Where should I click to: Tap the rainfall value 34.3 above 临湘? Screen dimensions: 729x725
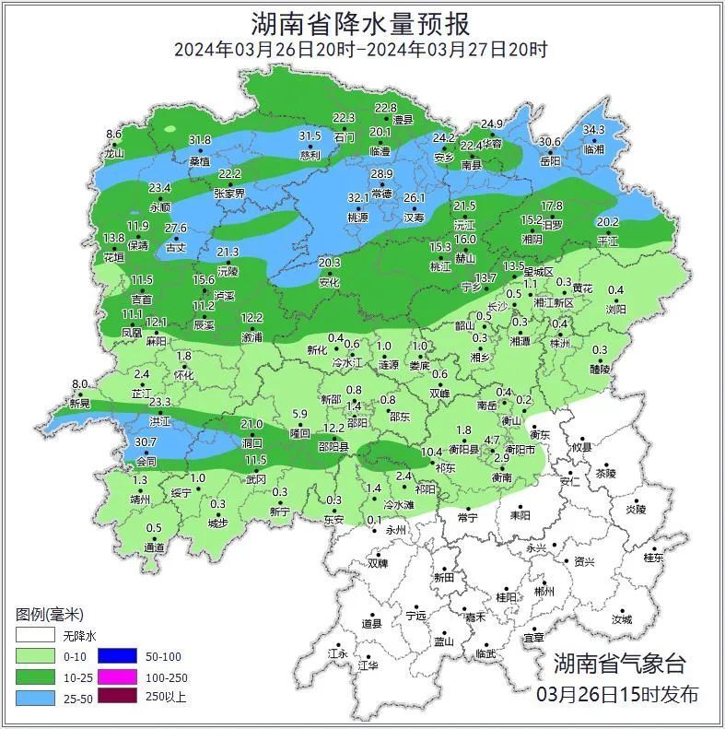click(593, 130)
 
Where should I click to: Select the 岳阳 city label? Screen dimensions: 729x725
click(550, 160)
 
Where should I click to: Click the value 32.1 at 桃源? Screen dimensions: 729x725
click(357, 198)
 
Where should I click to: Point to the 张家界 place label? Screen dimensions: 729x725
click(229, 194)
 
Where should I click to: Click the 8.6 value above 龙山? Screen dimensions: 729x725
click(113, 135)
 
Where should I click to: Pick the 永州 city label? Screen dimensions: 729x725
click(395, 532)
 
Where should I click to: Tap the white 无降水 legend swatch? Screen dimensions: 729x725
click(34, 636)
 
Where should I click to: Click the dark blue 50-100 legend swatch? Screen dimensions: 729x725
click(116, 656)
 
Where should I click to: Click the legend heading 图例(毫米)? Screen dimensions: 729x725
click(50, 615)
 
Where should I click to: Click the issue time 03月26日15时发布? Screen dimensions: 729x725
click(616, 694)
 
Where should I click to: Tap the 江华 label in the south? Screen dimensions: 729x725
click(368, 664)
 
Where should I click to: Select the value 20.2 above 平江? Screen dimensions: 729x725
click(608, 222)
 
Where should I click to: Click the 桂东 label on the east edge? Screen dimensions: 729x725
click(654, 558)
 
